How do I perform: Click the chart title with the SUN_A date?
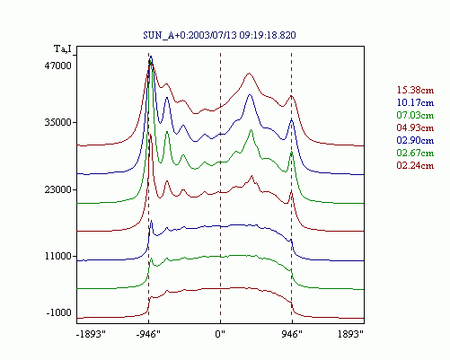point(219,35)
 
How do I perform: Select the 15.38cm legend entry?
point(415,90)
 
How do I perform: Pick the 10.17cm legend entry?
point(415,102)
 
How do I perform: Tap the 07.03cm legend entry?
point(415,115)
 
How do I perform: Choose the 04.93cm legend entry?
point(415,127)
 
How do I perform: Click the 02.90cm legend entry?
point(415,140)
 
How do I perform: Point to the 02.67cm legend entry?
point(415,153)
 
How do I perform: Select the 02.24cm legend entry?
point(415,165)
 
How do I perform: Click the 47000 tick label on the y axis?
point(58,66)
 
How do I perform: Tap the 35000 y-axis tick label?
point(58,123)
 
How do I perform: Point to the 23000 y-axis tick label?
point(58,189)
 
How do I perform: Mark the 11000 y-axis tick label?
point(58,257)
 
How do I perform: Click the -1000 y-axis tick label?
point(59,312)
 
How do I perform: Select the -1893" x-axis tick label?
point(91,334)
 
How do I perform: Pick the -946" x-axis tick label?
point(148,334)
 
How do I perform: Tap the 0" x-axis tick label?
point(220,334)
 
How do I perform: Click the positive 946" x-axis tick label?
point(292,334)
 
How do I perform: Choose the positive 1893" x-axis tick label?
point(350,334)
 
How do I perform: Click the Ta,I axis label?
point(63,48)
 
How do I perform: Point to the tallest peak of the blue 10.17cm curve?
point(151,57)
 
